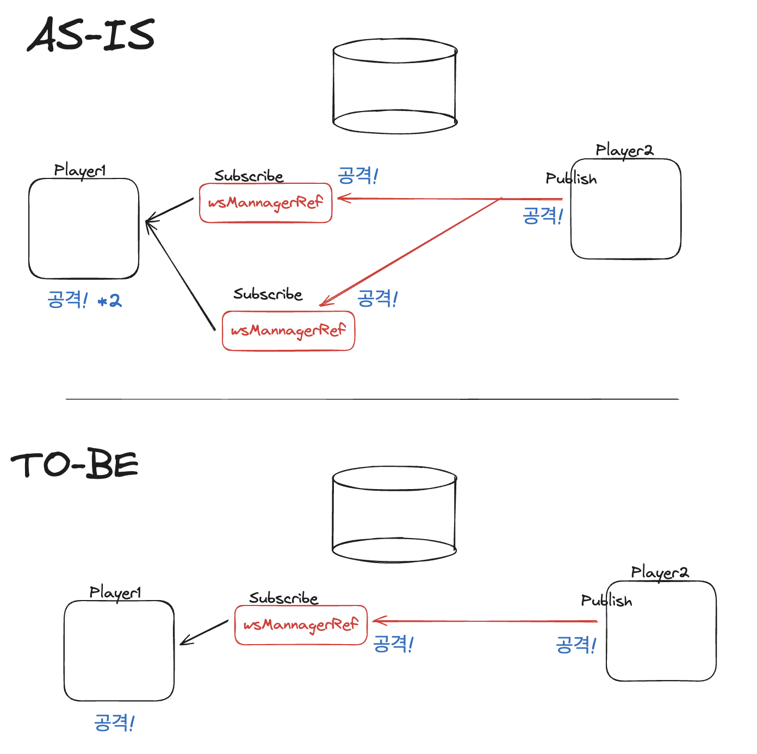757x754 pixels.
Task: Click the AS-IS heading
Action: click(91, 35)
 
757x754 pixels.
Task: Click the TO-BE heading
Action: click(75, 465)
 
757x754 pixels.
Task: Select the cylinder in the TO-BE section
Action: click(394, 514)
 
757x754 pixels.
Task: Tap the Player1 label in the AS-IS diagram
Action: click(80, 170)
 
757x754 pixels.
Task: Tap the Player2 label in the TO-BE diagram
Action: click(660, 572)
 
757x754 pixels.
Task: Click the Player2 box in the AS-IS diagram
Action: click(626, 218)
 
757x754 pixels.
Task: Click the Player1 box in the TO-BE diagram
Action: click(119, 651)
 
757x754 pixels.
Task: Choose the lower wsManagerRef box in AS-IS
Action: click(288, 331)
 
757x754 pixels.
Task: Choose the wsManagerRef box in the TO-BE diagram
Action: click(301, 625)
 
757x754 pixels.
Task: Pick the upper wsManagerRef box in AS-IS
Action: click(265, 203)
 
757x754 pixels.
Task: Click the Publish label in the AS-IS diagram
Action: click(571, 178)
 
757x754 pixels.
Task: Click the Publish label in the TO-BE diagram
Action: click(606, 601)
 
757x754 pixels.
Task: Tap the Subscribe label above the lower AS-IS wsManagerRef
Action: click(268, 294)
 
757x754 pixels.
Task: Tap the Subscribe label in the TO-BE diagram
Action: click(283, 598)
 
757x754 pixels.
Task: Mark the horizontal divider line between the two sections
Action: click(372, 399)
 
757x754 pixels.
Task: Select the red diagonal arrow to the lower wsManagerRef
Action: click(411, 252)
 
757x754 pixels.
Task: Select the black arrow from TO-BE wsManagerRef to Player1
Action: click(204, 632)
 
